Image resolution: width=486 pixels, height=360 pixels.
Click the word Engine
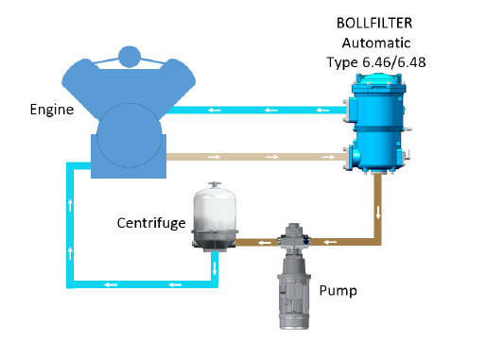point(52,110)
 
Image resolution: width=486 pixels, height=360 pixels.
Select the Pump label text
point(338,290)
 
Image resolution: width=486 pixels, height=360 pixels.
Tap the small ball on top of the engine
point(128,55)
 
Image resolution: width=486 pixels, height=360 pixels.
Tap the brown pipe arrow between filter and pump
point(330,243)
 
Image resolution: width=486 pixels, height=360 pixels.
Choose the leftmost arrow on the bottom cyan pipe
point(113,283)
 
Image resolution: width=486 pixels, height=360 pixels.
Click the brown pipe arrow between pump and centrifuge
point(253,243)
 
